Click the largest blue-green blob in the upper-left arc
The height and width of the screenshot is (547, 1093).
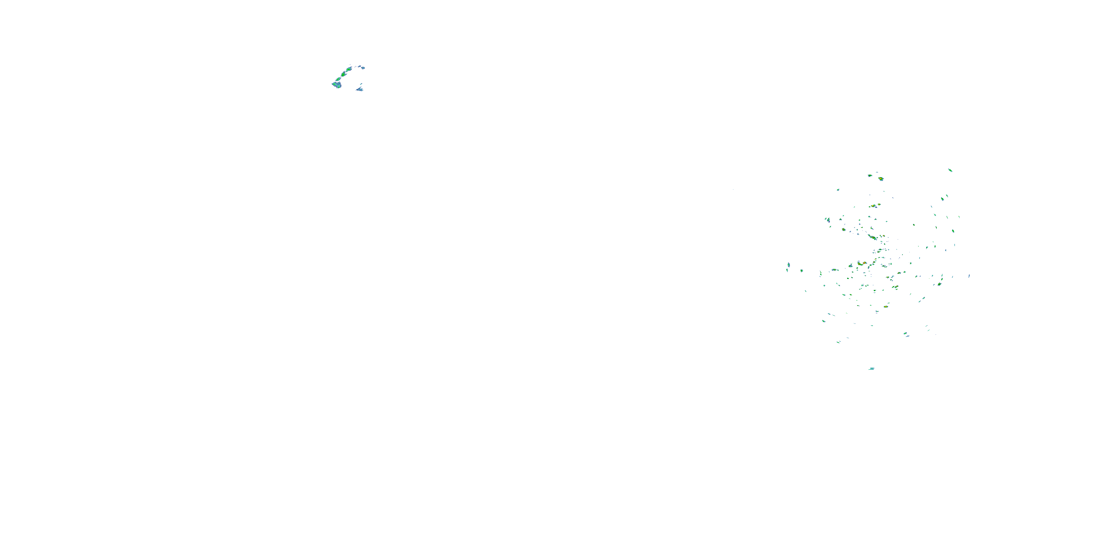pos(337,85)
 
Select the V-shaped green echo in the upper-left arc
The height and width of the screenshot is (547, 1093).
pos(343,74)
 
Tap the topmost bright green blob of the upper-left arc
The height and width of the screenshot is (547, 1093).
pos(349,69)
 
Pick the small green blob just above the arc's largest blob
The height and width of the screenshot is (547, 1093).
pos(338,79)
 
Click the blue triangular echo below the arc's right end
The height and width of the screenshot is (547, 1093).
pos(359,89)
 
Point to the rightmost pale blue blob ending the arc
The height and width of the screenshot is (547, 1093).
pos(363,67)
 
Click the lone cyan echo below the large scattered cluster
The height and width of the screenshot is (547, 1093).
pos(871,369)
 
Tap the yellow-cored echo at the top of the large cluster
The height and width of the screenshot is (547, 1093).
pos(881,179)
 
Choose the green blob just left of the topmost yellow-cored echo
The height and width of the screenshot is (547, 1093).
pos(869,175)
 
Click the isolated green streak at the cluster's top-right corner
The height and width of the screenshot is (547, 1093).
pos(950,170)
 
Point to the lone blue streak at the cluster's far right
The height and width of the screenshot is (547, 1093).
pos(969,276)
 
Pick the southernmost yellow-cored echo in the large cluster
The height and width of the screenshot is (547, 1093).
pos(886,306)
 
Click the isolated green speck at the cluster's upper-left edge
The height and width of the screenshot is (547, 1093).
pos(838,190)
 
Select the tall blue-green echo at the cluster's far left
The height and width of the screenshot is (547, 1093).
pos(788,265)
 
